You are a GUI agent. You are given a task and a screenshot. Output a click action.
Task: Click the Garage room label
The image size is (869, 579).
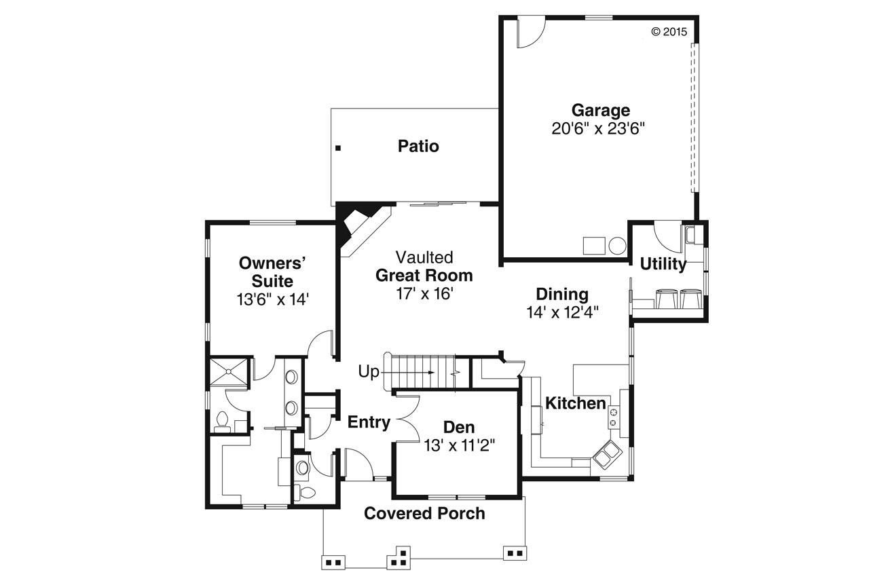600,110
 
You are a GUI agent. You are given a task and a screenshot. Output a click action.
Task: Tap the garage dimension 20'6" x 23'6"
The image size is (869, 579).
597,129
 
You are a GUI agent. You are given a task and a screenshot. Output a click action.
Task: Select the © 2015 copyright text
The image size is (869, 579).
669,31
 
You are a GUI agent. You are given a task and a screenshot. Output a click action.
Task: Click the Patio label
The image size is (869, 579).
418,146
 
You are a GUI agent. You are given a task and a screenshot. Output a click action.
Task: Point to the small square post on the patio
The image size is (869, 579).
337,147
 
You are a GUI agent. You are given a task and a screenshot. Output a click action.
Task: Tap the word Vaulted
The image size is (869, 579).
424,257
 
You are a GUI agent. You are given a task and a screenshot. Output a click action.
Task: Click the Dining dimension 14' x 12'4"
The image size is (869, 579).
561,312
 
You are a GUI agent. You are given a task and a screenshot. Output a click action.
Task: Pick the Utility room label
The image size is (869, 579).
663,264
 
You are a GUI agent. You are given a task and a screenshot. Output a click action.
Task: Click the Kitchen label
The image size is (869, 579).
576,403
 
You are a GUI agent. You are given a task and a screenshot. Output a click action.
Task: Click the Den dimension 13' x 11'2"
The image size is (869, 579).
459,445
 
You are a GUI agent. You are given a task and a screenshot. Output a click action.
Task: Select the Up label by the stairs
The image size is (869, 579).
369,372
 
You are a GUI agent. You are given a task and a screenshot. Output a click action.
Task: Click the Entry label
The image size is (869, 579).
369,422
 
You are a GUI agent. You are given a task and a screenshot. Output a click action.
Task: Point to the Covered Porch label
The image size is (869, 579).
424,513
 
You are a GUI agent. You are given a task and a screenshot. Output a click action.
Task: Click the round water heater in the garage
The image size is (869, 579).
616,246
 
